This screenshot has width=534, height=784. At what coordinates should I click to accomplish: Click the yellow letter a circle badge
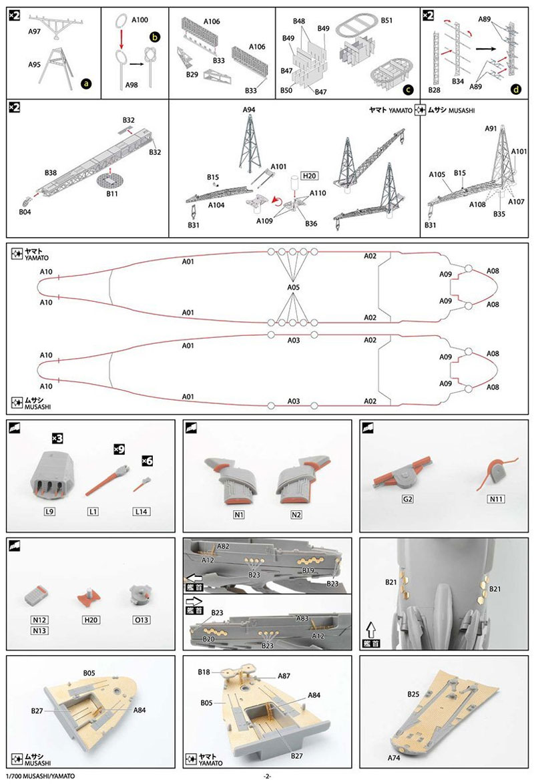(85, 84)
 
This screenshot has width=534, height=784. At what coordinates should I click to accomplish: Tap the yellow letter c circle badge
(408, 87)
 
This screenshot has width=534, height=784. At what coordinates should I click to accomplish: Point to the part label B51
(386, 20)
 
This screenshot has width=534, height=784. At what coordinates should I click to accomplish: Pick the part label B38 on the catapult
(51, 173)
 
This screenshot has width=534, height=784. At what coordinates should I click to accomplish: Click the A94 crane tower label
(249, 110)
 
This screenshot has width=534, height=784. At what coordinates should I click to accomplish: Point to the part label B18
(204, 672)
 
